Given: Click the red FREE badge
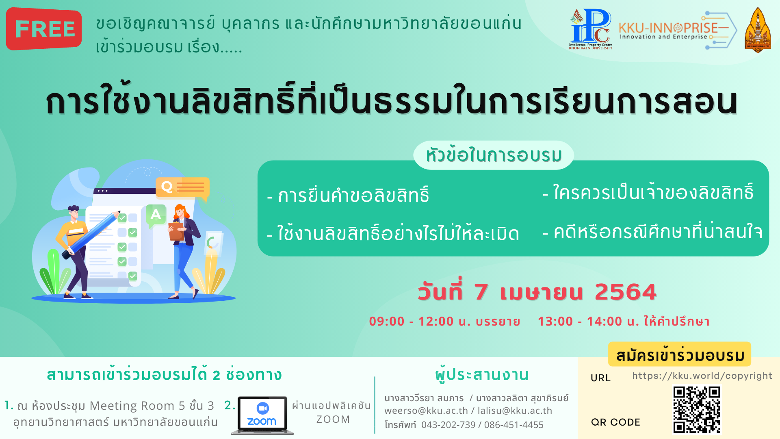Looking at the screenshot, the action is [x=44, y=29].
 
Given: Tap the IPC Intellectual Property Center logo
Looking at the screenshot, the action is [x=590, y=29].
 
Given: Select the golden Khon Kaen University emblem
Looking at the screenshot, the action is [x=758, y=30].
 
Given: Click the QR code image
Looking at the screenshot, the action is [x=697, y=410].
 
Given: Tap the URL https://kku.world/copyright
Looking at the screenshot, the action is [x=702, y=376].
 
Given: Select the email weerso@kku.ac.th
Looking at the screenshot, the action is [x=426, y=411].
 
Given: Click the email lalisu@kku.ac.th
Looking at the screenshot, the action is [x=515, y=411].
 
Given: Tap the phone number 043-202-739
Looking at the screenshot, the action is [x=448, y=425].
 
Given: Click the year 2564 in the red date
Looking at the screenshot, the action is [x=626, y=292].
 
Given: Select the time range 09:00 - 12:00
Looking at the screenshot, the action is [x=411, y=322].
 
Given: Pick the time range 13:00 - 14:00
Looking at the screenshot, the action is [x=580, y=322].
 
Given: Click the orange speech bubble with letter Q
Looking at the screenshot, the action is [x=183, y=188].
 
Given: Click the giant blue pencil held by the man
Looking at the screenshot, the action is [x=91, y=235].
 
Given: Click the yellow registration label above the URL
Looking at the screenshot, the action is [x=680, y=355].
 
